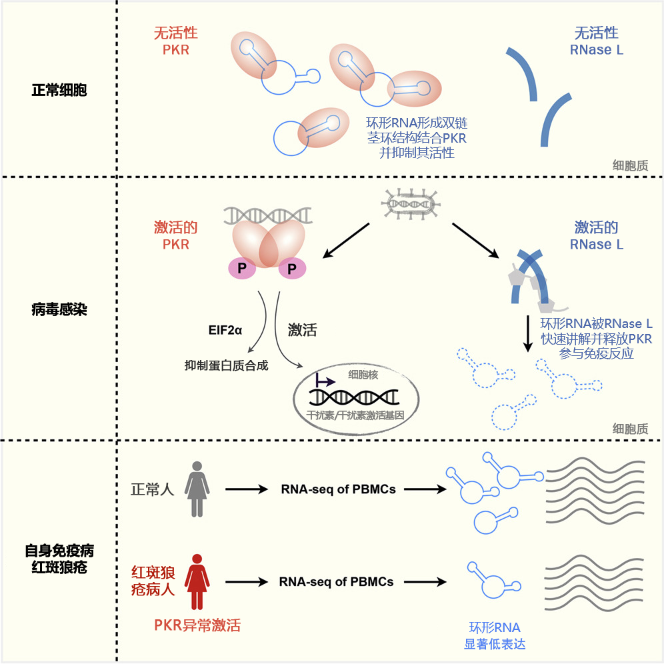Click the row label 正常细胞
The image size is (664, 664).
coord(59,89)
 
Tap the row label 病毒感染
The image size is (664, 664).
coord(59,309)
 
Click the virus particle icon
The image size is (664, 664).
coord(411,203)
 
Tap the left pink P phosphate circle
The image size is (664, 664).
coord(239,268)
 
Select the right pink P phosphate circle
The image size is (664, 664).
coord(291,268)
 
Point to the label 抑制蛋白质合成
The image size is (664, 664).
coord(227,365)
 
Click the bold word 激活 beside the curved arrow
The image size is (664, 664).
coord(302,330)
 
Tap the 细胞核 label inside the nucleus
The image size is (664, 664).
coord(363,375)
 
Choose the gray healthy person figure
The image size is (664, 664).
coord(197,489)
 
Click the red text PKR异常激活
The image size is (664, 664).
coord(197,625)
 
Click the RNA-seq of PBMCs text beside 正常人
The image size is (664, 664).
coord(338,489)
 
